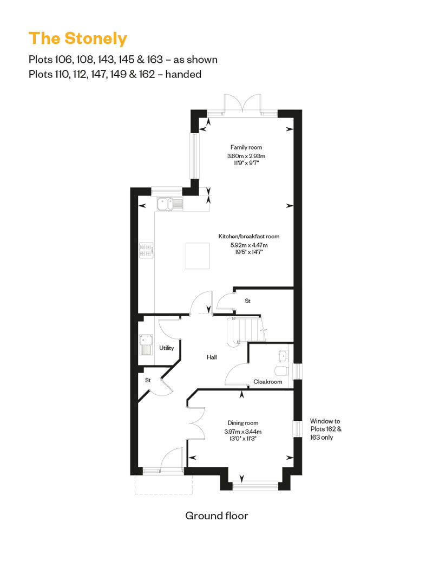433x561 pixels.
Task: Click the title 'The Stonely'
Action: pos(77,38)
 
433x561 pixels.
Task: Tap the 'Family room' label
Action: pos(246,147)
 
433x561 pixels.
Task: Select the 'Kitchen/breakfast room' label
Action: pos(249,236)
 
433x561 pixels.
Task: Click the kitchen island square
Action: pos(198,256)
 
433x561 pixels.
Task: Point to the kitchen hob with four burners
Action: pos(146,250)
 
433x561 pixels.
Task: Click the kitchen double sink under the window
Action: pos(170,204)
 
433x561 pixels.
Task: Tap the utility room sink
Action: pos(146,344)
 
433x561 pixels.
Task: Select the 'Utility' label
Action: pos(167,348)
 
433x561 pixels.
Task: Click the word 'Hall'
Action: pos(212,357)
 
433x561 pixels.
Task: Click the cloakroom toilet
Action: pos(282,370)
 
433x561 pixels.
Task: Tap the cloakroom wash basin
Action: pos(284,356)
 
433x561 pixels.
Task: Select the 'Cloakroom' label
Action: pos(268,382)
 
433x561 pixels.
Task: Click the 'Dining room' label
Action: pos(243,423)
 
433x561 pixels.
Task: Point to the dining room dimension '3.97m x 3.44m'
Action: pos(243,432)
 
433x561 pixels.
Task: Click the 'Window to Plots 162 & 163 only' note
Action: pos(325,429)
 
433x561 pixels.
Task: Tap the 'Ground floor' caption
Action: pos(216,516)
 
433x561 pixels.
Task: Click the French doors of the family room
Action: pos(242,104)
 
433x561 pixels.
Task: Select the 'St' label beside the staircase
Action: pos(247,301)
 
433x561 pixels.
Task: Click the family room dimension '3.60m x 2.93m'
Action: pos(246,156)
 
